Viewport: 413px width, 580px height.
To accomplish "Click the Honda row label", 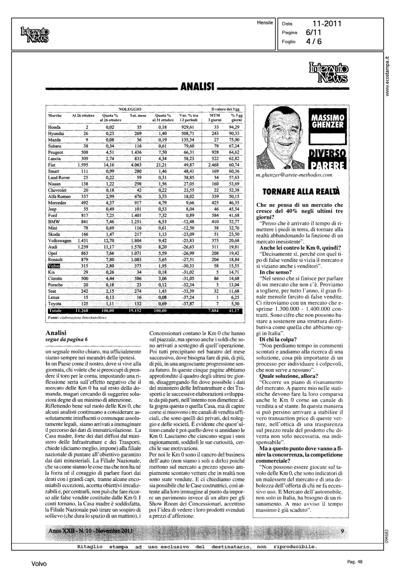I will pyautogui.click(x=54, y=127).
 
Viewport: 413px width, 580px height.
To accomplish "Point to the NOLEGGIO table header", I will pyautogui.click(x=130, y=109).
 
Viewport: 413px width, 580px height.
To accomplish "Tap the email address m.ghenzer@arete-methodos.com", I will pyautogui.click(x=294, y=175).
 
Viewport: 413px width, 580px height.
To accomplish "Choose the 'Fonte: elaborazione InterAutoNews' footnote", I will pyautogui.click(x=76, y=317).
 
